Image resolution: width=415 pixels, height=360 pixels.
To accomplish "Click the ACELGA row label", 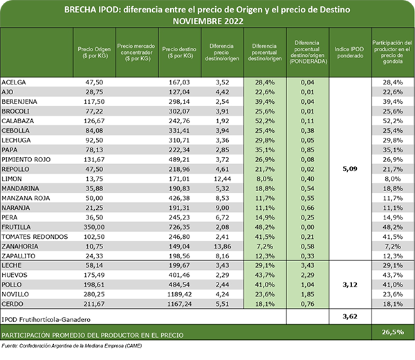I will (x=15, y=82).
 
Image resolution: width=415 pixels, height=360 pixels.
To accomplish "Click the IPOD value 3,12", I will (x=349, y=284).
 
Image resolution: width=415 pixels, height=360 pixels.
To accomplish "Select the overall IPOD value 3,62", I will (x=349, y=316).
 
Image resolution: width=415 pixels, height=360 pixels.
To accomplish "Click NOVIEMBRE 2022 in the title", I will (x=207, y=21).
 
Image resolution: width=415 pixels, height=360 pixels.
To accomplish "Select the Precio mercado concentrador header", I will (x=135, y=53).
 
